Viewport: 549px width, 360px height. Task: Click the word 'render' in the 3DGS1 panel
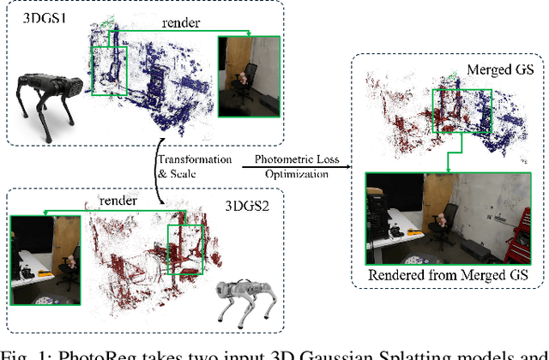click(176, 21)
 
